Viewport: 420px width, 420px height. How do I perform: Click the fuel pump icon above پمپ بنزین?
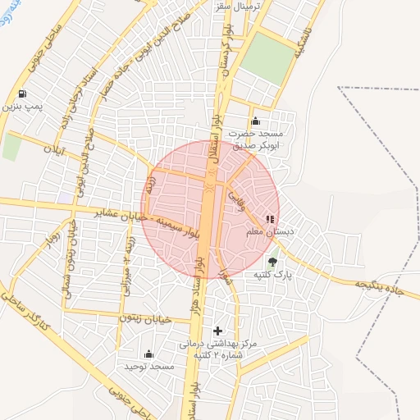[21, 93]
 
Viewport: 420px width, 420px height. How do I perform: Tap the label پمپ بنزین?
[21, 106]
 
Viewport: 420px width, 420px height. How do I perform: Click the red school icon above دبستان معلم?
[269, 220]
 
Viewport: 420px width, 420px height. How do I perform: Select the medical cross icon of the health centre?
[217, 330]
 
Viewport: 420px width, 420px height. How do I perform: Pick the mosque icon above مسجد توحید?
[148, 354]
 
